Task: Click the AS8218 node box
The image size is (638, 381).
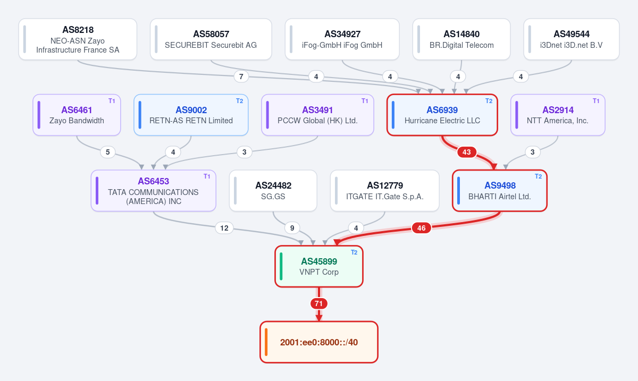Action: tap(78, 39)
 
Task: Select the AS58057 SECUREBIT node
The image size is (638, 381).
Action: tap(211, 39)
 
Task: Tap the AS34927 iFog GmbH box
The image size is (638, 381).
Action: tap(342, 39)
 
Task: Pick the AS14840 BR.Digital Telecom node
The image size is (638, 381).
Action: tap(461, 39)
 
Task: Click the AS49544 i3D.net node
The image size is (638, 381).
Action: tap(572, 39)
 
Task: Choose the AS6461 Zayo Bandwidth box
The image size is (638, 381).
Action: tap(77, 115)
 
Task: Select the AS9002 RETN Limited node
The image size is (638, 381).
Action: tap(191, 115)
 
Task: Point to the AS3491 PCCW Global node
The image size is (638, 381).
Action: tap(317, 115)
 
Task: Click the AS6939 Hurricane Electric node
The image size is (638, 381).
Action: tap(442, 115)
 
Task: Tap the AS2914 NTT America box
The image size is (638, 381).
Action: tap(558, 115)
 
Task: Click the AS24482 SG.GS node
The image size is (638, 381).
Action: tap(273, 191)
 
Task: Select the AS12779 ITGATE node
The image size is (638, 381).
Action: tap(385, 191)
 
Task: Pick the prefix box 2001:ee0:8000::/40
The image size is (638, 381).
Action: tap(319, 342)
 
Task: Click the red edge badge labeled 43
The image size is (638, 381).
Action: tap(467, 152)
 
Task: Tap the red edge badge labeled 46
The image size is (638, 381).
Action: tap(421, 228)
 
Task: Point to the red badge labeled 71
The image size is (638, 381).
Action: tap(318, 303)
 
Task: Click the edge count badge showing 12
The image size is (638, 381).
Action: tap(224, 228)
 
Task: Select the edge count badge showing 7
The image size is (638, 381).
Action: tap(241, 77)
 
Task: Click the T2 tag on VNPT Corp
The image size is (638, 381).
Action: tap(354, 252)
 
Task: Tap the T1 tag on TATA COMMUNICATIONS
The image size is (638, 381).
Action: tap(207, 176)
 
